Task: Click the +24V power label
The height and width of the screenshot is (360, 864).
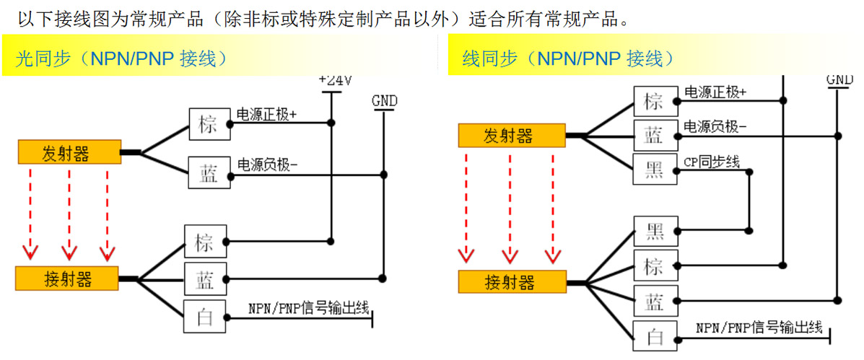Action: [x=334, y=80]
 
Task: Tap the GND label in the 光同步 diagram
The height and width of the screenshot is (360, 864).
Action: [x=384, y=101]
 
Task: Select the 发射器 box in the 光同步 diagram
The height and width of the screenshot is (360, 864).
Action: [x=69, y=153]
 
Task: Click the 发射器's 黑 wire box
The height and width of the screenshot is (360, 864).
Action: [x=654, y=170]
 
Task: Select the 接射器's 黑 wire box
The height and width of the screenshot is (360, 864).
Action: [x=654, y=232]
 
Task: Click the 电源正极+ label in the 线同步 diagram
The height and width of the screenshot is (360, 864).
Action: [x=715, y=92]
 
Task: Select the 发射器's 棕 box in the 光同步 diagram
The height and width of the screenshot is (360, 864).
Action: [x=208, y=125]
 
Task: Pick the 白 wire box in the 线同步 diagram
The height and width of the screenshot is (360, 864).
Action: [x=654, y=335]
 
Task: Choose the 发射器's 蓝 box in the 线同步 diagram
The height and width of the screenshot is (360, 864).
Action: [x=654, y=136]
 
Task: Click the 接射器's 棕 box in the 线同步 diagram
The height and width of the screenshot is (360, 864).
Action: [x=654, y=265]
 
